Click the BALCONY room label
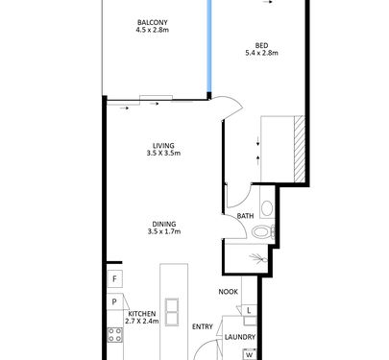point(153,22)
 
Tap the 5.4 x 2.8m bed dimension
point(261,53)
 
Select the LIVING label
point(163,146)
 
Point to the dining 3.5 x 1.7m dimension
point(164,231)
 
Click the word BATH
point(245,216)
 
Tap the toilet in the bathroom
point(263,231)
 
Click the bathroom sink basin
point(267,208)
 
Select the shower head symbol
point(259,258)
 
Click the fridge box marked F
point(114,279)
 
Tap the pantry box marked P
point(114,301)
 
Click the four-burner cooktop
point(114,335)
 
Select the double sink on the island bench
point(172,312)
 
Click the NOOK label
point(229,292)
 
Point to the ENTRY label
point(203,326)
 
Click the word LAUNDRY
point(240,337)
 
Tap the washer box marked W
point(249,355)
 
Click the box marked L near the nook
point(249,310)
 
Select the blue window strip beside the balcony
point(209,46)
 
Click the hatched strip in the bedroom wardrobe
point(300,150)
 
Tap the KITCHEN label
point(142,314)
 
